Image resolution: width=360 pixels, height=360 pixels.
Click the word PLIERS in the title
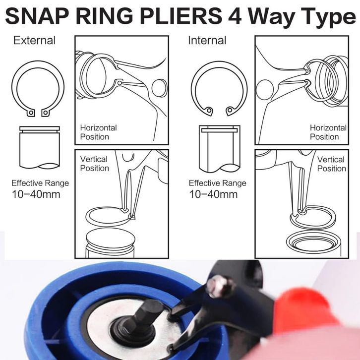180,16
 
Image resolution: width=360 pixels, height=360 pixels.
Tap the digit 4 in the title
235,16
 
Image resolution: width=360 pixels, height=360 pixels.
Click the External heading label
34,40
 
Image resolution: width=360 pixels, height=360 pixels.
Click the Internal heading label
207,40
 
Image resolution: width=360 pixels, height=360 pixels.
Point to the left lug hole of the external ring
31,113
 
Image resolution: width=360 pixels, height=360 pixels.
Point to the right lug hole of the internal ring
230,110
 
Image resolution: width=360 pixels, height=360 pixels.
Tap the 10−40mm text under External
36,194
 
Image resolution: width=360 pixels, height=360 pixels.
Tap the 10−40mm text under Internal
213,194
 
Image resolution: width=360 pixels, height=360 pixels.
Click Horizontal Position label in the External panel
98,132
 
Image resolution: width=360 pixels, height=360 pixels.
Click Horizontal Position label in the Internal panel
328,132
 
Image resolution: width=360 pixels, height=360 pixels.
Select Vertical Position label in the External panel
94,164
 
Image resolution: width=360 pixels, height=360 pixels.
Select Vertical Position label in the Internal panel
332,164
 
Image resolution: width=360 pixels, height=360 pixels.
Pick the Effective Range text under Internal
217,183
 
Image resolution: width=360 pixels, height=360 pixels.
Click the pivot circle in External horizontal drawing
160,88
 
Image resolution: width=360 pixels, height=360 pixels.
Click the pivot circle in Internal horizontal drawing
265,90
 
